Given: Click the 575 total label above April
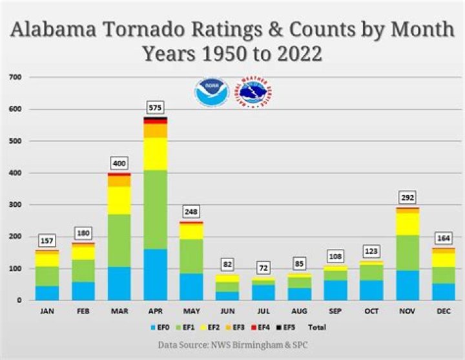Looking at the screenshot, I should click(x=155, y=108).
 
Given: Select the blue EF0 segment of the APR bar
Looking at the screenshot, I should click(x=155, y=274).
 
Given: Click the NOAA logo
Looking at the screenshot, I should click(x=212, y=92).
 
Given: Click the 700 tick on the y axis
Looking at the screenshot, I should click(x=15, y=78).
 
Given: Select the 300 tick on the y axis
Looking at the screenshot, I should click(x=15, y=205).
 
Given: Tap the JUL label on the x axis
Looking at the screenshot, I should click(x=263, y=311).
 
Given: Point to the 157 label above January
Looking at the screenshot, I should click(x=46, y=240).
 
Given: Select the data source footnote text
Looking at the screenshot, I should click(x=232, y=345).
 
